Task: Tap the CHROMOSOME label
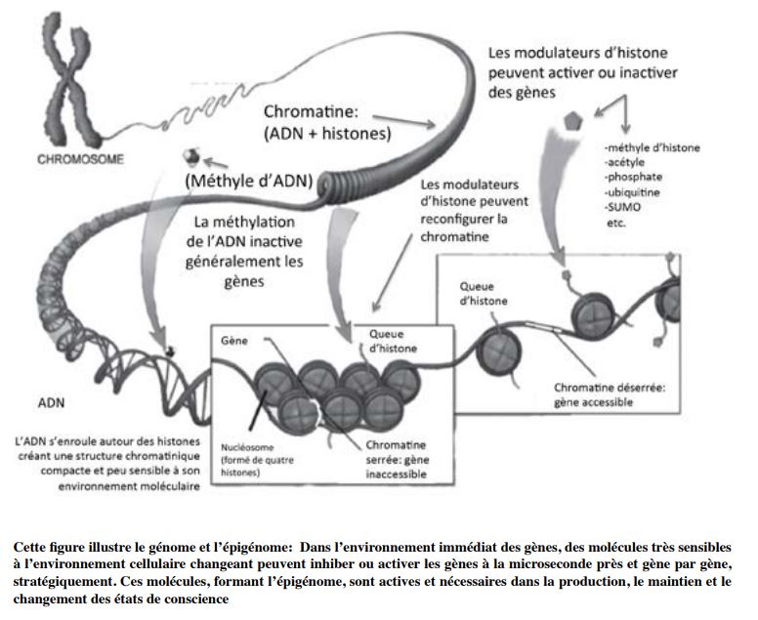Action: click(x=81, y=160)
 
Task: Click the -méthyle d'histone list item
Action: click(x=653, y=147)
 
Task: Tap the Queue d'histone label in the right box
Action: click(x=484, y=294)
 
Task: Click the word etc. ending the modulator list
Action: click(x=616, y=224)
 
